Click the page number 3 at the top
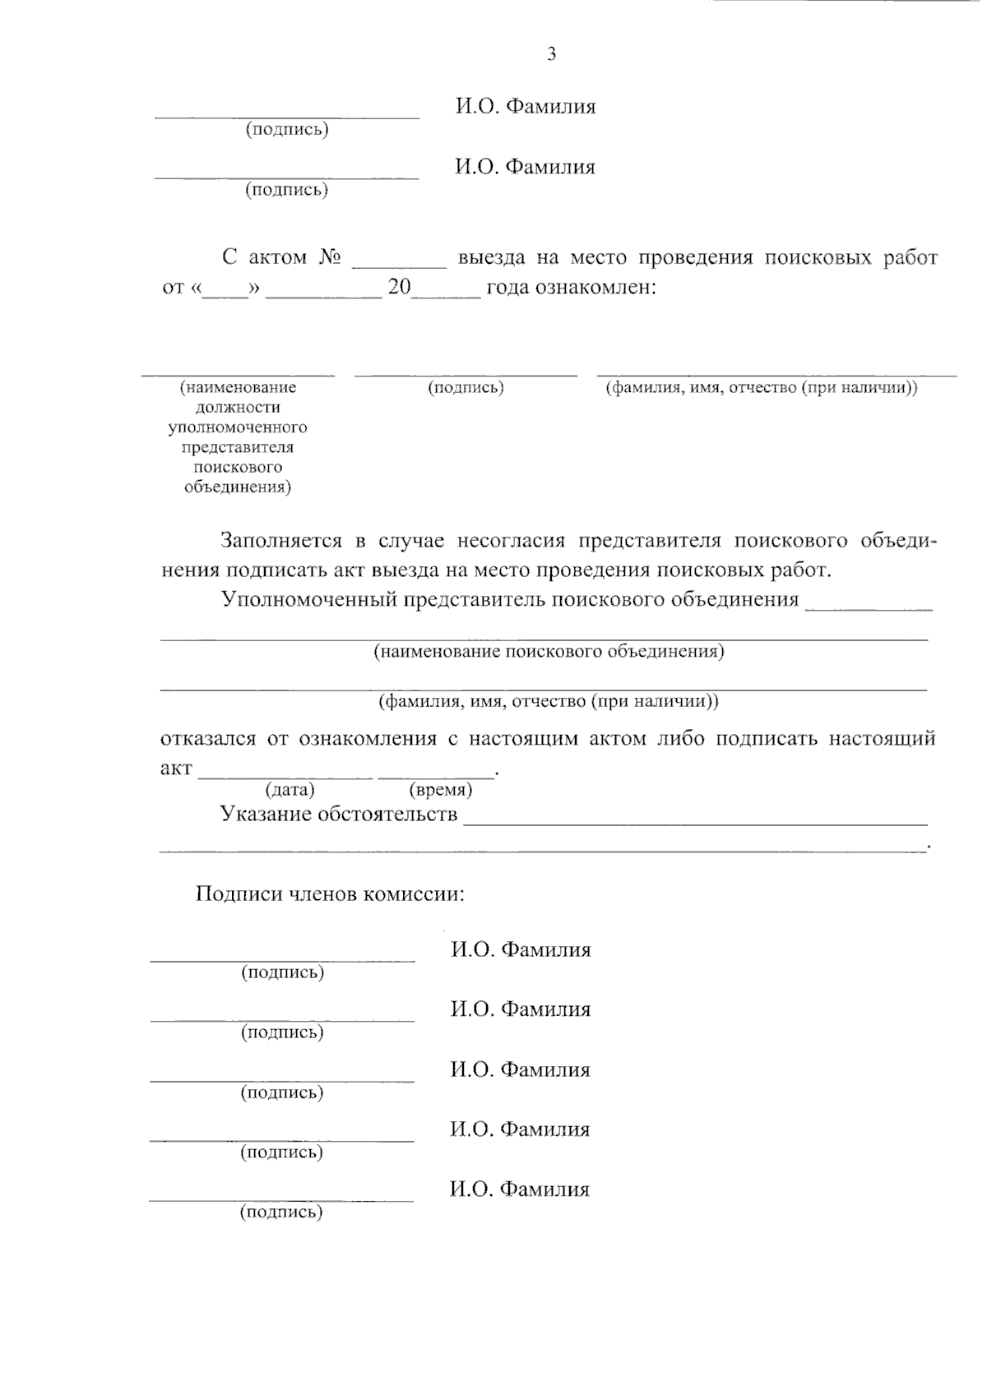(551, 55)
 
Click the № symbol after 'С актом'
(329, 257)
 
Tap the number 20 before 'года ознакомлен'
(398, 289)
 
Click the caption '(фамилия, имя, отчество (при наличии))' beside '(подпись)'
(762, 388)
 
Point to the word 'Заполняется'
(280, 541)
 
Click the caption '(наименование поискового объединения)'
(549, 652)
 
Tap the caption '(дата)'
(290, 790)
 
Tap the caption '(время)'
(440, 790)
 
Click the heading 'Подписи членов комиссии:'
(330, 893)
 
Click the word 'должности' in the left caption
(238, 408)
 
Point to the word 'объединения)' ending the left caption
(238, 487)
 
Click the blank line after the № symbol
(399, 265)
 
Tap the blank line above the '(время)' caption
(436, 776)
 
